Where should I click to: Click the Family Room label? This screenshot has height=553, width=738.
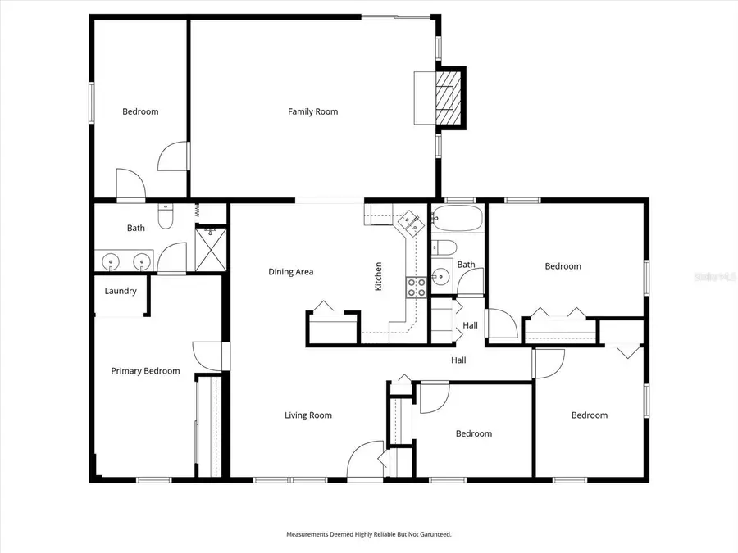[x=312, y=111]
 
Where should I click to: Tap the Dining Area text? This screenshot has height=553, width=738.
[x=291, y=272]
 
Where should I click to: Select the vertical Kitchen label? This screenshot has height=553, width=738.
[x=378, y=277]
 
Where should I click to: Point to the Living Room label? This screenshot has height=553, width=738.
[x=308, y=415]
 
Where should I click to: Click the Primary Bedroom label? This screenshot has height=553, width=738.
[x=145, y=371]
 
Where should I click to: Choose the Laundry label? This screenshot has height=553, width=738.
[x=121, y=291]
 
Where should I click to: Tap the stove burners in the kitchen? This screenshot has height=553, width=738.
[x=416, y=287]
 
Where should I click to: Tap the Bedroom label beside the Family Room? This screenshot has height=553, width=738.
[x=140, y=111]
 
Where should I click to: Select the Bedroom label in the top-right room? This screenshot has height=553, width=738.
[x=563, y=266]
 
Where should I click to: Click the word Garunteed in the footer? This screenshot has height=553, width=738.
[x=433, y=534]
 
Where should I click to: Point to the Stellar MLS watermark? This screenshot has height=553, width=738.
[x=714, y=278]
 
